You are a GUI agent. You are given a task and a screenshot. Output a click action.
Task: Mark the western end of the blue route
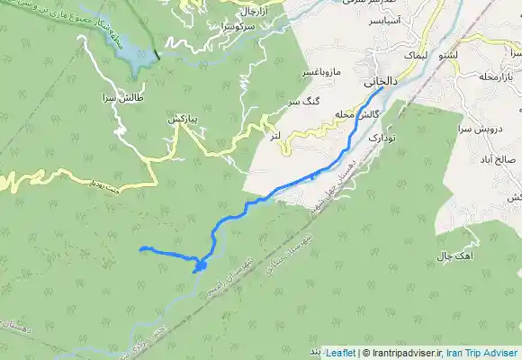(142, 247)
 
